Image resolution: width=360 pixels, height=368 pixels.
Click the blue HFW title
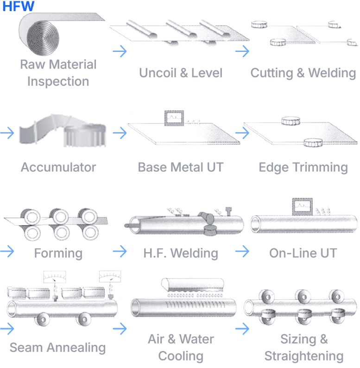19,6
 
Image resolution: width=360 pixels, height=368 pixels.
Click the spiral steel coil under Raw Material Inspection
43,38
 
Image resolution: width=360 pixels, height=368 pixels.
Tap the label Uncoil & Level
181,73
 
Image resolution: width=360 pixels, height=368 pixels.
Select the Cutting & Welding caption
303,73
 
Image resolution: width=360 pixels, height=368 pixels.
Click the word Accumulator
58,167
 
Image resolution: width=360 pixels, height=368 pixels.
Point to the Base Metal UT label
181,167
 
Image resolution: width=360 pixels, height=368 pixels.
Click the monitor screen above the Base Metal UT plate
174,118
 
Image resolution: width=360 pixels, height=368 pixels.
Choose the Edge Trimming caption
303,168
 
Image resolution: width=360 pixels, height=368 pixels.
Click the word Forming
58,253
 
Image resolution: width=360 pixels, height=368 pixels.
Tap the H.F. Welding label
181,253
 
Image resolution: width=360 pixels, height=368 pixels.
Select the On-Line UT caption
303,253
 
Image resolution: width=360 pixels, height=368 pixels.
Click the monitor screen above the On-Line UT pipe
302,207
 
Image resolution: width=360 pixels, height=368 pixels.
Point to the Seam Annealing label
58,348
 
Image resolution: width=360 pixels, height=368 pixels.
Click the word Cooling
181,356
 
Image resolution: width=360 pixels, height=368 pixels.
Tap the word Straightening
304,356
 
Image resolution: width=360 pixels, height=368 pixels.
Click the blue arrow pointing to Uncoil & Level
120,51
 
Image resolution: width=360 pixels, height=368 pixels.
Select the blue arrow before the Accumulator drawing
7,133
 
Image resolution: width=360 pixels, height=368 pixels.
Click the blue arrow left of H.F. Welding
120,251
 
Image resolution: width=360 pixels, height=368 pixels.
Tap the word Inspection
58,82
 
